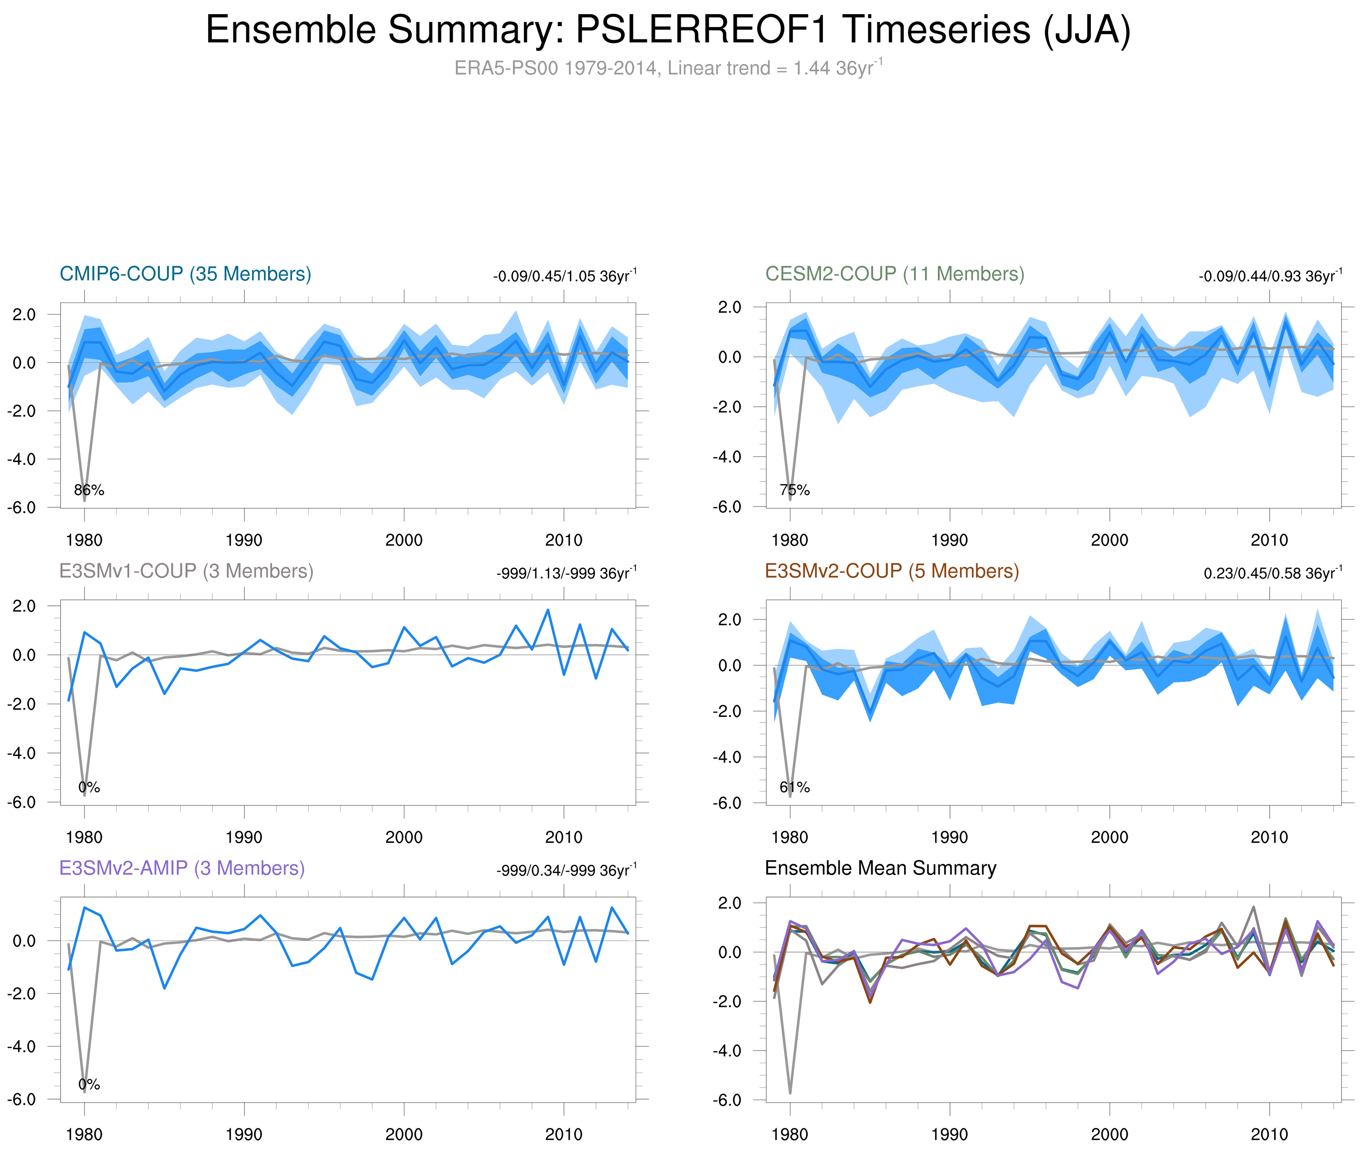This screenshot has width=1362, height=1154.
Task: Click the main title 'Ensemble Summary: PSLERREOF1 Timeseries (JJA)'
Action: [667, 30]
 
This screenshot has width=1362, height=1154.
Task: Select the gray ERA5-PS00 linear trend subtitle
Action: [667, 68]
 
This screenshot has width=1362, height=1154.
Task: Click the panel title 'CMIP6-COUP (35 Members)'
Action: [185, 274]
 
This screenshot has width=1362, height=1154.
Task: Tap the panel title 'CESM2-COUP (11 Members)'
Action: [894, 274]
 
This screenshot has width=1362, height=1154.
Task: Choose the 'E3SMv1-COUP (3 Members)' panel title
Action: [186, 571]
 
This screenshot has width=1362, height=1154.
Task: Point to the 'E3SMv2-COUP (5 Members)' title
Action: [891, 571]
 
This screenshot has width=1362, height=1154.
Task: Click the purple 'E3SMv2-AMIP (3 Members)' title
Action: [182, 868]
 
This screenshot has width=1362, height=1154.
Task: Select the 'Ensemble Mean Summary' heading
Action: [880, 868]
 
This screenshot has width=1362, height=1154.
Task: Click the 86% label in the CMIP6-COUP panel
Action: [89, 490]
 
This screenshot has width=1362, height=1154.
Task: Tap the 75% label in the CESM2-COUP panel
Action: [795, 490]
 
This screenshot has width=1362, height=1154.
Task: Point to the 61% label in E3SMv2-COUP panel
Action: [795, 787]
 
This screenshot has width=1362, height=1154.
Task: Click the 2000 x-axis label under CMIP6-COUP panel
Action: [404, 540]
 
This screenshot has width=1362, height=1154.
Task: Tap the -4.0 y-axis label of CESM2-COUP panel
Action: [726, 456]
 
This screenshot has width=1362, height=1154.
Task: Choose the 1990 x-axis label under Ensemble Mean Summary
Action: [949, 1134]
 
